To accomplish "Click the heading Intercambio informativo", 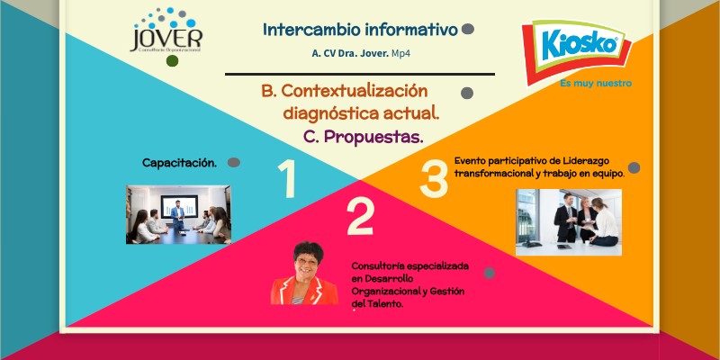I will click(360, 30).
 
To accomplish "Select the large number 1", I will click(287, 179).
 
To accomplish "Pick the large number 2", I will click(360, 216).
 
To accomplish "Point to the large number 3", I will click(434, 179).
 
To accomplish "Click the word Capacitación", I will click(180, 163).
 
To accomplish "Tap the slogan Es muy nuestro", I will click(595, 83).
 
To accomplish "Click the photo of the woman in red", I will click(303, 274).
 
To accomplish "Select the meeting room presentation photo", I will click(178, 214).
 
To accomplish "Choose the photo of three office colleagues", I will click(568, 221).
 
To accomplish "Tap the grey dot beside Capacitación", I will click(233, 163).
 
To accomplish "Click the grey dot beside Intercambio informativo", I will click(468, 30).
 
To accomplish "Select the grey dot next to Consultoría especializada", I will click(489, 273).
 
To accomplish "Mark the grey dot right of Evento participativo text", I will click(634, 167).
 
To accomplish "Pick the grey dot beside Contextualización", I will click(467, 93).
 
